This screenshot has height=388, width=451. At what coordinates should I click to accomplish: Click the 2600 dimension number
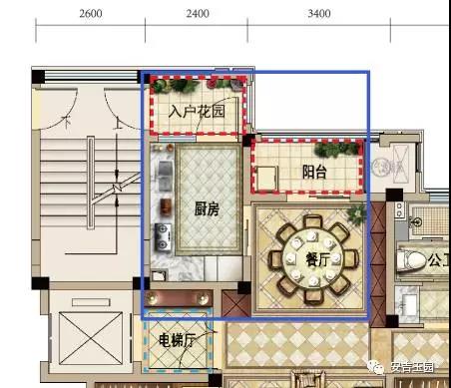[x=89, y=14]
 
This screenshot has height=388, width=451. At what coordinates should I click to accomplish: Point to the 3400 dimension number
[x=319, y=14]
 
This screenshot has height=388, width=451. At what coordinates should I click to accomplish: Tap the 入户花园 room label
[x=197, y=112]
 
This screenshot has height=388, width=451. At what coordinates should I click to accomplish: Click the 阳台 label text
[x=315, y=173]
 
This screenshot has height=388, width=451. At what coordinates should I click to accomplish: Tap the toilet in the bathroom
[x=410, y=261]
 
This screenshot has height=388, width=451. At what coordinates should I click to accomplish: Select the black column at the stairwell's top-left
[x=37, y=77]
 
